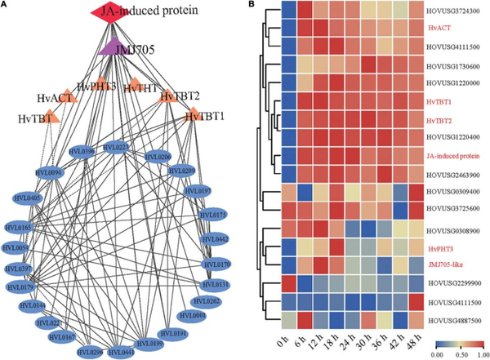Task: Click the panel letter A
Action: (6, 6)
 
